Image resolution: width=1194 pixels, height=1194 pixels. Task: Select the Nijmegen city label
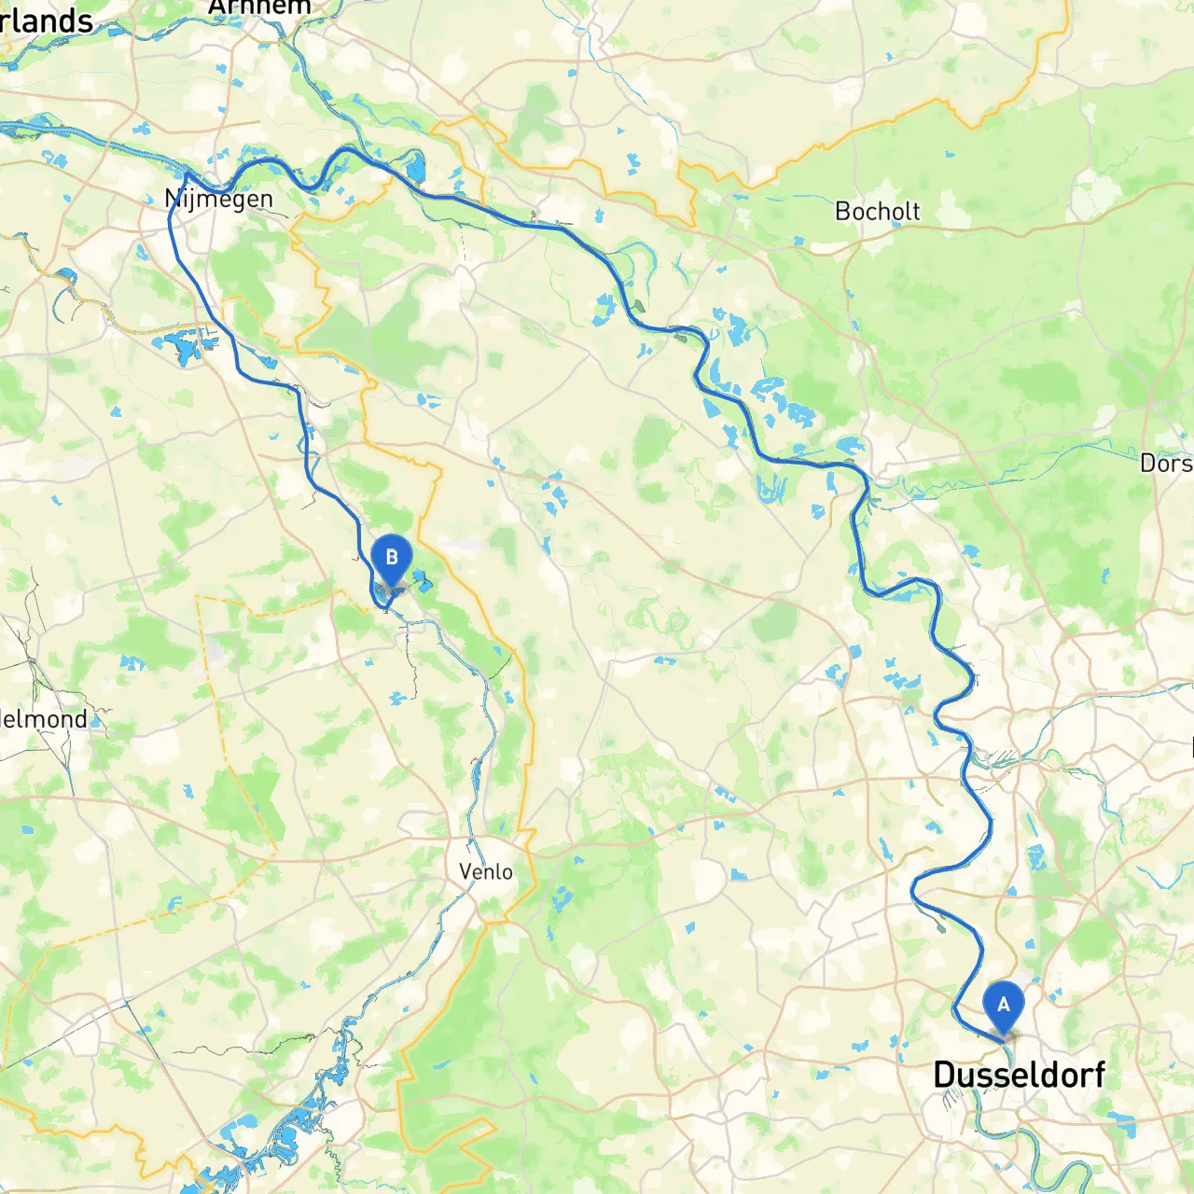[219, 200]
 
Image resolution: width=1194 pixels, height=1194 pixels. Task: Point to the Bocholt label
[877, 212]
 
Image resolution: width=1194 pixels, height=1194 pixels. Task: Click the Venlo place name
[486, 871]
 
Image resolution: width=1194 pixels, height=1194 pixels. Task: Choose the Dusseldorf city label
[1019, 1075]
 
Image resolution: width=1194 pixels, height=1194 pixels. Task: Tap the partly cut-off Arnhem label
[259, 7]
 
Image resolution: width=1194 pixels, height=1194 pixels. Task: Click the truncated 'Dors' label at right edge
[1166, 463]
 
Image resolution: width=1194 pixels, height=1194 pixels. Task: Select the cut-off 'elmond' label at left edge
[44, 719]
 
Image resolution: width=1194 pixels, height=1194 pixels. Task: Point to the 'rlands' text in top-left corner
[47, 21]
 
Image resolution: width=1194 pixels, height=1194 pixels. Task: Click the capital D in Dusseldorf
[944, 1075]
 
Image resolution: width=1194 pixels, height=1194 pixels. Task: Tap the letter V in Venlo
[466, 871]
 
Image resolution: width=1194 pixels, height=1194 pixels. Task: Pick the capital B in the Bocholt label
[842, 212]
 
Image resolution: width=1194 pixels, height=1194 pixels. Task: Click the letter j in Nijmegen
[191, 200]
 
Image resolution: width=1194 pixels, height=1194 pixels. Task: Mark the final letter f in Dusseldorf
[1098, 1075]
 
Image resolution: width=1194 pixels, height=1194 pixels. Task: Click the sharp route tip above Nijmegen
[186, 174]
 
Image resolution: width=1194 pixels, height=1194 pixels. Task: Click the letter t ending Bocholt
[915, 212]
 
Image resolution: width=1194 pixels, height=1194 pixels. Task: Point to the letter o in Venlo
[506, 871]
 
